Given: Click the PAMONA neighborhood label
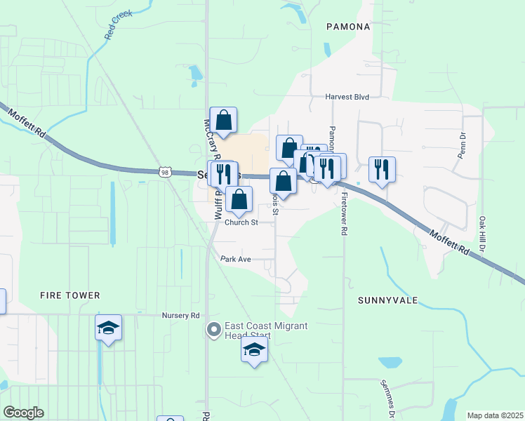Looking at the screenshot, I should click(348, 27).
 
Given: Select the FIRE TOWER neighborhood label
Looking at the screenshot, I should click(70, 295).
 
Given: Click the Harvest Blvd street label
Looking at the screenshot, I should click(347, 98).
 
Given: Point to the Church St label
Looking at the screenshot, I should click(242, 222).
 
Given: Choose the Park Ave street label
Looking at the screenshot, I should click(235, 259).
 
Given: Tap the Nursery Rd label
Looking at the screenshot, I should click(181, 316).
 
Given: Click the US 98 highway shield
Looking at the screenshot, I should click(165, 172).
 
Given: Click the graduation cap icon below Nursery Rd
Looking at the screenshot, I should click(108, 328).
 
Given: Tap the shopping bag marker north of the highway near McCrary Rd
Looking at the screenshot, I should click(223, 121).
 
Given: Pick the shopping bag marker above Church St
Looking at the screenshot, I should click(239, 199).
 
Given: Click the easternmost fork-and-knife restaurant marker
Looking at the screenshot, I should click(381, 169).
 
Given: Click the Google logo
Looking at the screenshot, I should click(23, 413).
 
